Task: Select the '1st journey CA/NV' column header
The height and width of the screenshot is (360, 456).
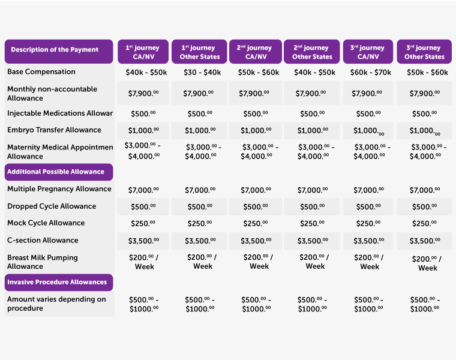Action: (x=143, y=52)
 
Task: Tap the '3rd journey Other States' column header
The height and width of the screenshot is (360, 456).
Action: (x=424, y=52)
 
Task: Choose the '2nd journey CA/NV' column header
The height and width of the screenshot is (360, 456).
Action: (x=254, y=52)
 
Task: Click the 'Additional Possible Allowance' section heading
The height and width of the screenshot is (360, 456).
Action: (x=56, y=172)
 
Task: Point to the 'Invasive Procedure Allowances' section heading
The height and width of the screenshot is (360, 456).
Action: (x=57, y=282)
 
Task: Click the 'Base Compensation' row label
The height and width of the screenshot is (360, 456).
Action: (x=41, y=72)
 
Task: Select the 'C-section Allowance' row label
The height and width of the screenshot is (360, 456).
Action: (x=43, y=241)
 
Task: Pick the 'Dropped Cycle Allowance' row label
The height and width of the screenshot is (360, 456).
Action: (x=52, y=206)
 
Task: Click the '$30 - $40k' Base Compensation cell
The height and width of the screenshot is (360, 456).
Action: (x=200, y=73)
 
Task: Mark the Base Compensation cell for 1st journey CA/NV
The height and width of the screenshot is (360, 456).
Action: (x=143, y=73)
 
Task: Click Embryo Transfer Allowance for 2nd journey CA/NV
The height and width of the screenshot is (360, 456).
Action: (x=256, y=131)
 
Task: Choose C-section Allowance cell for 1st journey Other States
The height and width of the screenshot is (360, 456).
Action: (x=200, y=241)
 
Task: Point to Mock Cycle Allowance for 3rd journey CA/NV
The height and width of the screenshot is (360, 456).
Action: (x=370, y=224)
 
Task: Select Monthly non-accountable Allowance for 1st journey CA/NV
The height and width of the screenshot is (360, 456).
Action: (x=143, y=94)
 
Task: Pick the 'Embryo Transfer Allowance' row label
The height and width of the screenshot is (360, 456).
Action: (x=54, y=130)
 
